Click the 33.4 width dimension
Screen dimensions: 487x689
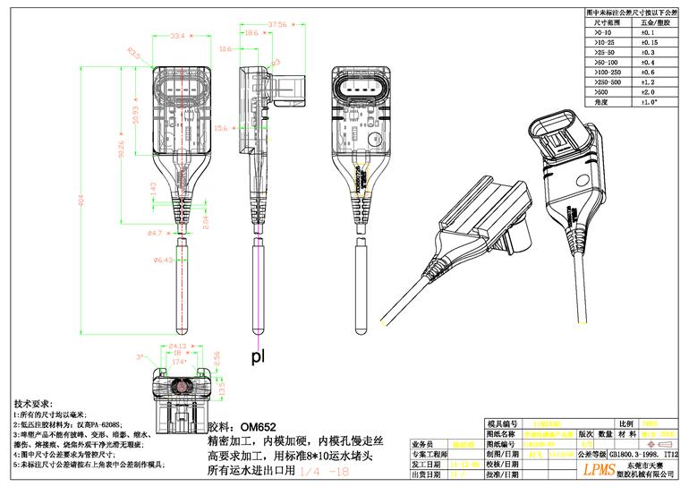[177, 36]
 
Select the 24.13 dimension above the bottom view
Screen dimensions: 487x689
[177, 345]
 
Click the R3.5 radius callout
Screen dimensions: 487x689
[134, 56]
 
